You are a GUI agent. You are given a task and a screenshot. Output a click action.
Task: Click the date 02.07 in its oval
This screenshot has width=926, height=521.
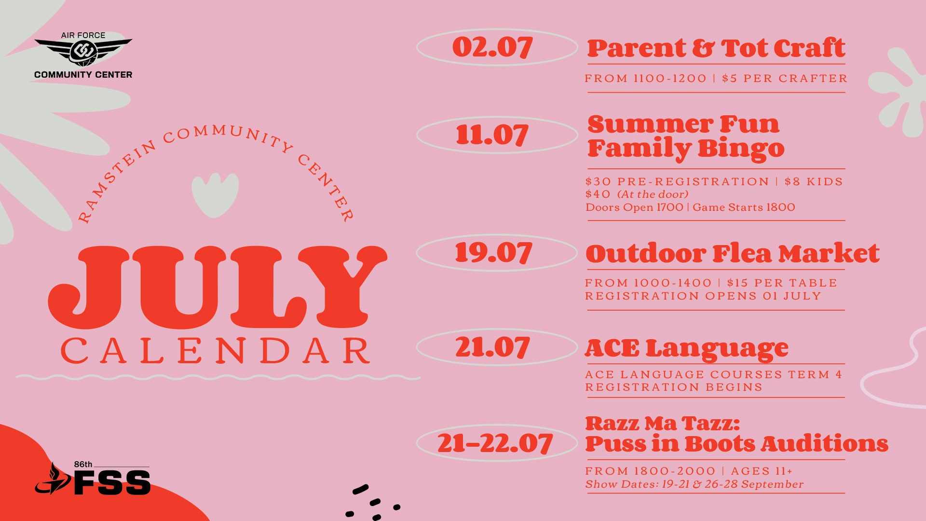[x=492, y=47]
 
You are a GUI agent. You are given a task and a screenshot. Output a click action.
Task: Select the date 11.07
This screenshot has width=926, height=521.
[x=492, y=135]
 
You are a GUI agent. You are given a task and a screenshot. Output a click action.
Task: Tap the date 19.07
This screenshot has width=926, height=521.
[x=493, y=252]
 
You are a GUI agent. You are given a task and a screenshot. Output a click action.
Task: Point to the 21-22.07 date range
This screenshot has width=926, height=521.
[x=495, y=443]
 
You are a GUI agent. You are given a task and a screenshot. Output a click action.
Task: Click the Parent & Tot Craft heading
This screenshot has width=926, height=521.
[x=716, y=48]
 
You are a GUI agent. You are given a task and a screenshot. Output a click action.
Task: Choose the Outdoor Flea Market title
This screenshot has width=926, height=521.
[x=733, y=254]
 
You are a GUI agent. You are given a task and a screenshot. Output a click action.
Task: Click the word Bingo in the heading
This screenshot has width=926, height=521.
[x=741, y=149]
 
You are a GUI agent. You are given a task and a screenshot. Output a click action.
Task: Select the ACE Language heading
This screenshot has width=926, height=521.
[x=687, y=348]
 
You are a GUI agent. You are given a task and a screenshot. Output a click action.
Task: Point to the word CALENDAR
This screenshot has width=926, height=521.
[x=215, y=351]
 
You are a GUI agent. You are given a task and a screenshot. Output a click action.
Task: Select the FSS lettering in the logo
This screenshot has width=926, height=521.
[x=112, y=483]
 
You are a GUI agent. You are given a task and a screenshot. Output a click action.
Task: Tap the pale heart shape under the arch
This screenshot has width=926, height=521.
[x=215, y=194]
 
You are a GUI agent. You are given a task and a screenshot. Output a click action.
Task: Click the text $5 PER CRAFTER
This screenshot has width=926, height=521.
[x=785, y=79]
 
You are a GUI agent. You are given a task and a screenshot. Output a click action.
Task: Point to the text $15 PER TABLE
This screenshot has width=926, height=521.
[x=782, y=283]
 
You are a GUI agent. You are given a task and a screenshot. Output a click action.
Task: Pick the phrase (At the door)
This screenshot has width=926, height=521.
[x=653, y=194]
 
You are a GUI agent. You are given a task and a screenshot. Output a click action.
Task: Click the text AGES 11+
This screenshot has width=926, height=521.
[x=762, y=471]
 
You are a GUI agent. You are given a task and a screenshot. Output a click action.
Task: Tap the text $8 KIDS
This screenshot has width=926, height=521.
[x=814, y=182]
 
